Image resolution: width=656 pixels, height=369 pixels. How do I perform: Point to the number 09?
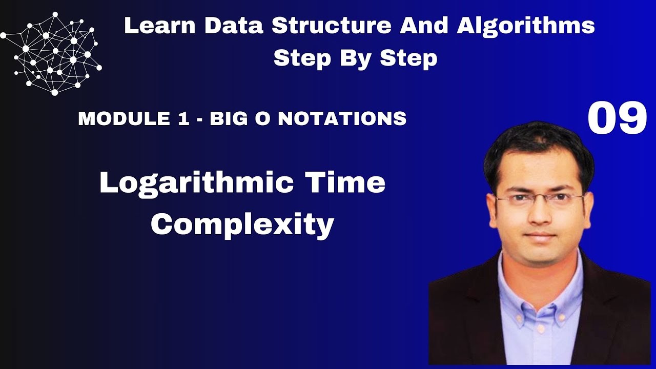[617, 119]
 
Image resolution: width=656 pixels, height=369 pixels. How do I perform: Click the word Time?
[347, 183]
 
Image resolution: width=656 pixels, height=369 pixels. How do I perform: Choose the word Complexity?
[242, 224]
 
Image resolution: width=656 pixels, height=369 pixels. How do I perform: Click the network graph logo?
[51, 54]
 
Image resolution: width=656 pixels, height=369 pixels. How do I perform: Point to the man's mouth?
[540, 236]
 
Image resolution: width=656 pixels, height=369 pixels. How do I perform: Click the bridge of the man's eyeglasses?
[539, 197]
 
